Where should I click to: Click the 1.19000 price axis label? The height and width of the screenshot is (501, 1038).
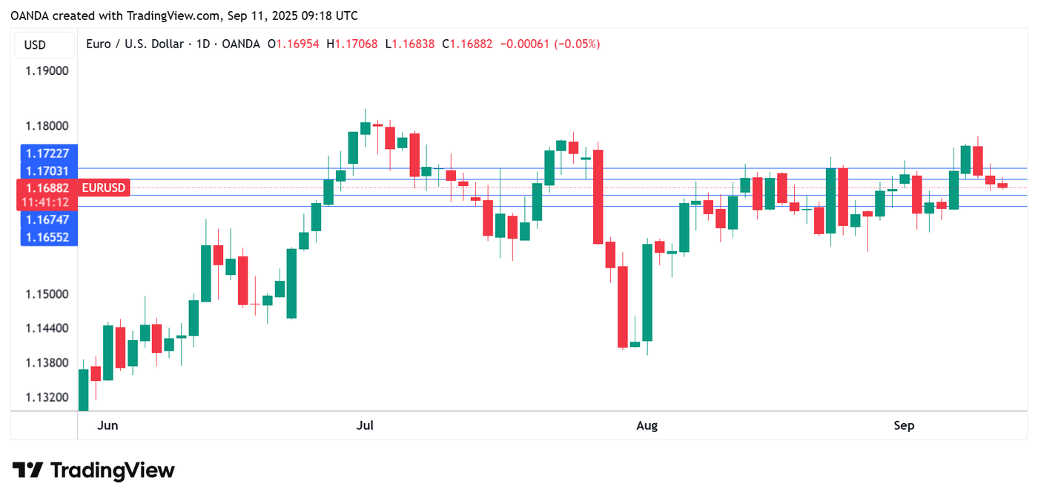point(47,71)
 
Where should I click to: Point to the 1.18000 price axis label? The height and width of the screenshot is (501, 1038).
point(47,127)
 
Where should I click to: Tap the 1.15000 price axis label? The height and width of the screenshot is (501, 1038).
point(47,294)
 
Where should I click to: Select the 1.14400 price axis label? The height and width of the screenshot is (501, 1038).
point(47,328)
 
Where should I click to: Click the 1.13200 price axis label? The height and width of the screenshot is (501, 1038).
point(47,397)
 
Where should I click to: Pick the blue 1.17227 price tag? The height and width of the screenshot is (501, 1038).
point(47,153)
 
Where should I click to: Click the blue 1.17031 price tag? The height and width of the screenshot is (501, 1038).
point(47,171)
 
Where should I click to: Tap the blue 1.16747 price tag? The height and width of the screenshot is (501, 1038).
point(47,219)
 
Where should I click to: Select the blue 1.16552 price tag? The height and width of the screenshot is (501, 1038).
point(47,237)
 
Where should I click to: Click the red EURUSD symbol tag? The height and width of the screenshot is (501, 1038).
point(104,188)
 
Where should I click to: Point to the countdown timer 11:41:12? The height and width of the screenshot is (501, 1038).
point(46,202)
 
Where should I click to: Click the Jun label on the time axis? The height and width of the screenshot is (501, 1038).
point(108,425)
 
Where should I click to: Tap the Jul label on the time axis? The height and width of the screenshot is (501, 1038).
point(365,425)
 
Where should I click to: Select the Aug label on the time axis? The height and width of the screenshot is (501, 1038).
point(647,425)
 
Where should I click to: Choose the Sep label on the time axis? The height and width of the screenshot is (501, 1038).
point(904,425)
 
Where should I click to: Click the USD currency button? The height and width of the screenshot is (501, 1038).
point(35,45)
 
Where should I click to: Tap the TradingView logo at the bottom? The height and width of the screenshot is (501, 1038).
point(93,471)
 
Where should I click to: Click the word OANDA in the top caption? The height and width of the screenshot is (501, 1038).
point(28,16)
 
